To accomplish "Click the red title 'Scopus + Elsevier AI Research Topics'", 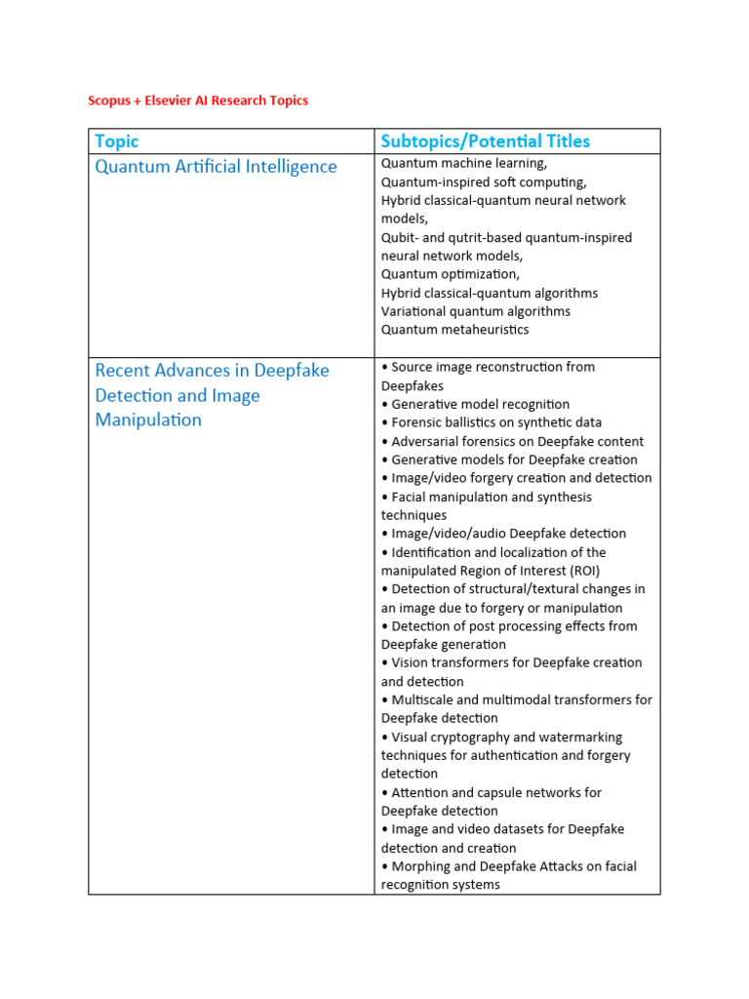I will click(198, 100).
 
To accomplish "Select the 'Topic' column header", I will click(117, 141).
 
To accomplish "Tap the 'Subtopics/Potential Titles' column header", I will click(485, 141).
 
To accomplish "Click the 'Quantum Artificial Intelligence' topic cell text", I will click(216, 167).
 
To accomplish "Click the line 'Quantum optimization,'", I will click(451, 274).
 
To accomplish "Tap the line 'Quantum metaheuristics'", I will click(454, 330).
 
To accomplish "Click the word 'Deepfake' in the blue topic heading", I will click(292, 371).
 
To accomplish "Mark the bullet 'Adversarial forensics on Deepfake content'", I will click(514, 441).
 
